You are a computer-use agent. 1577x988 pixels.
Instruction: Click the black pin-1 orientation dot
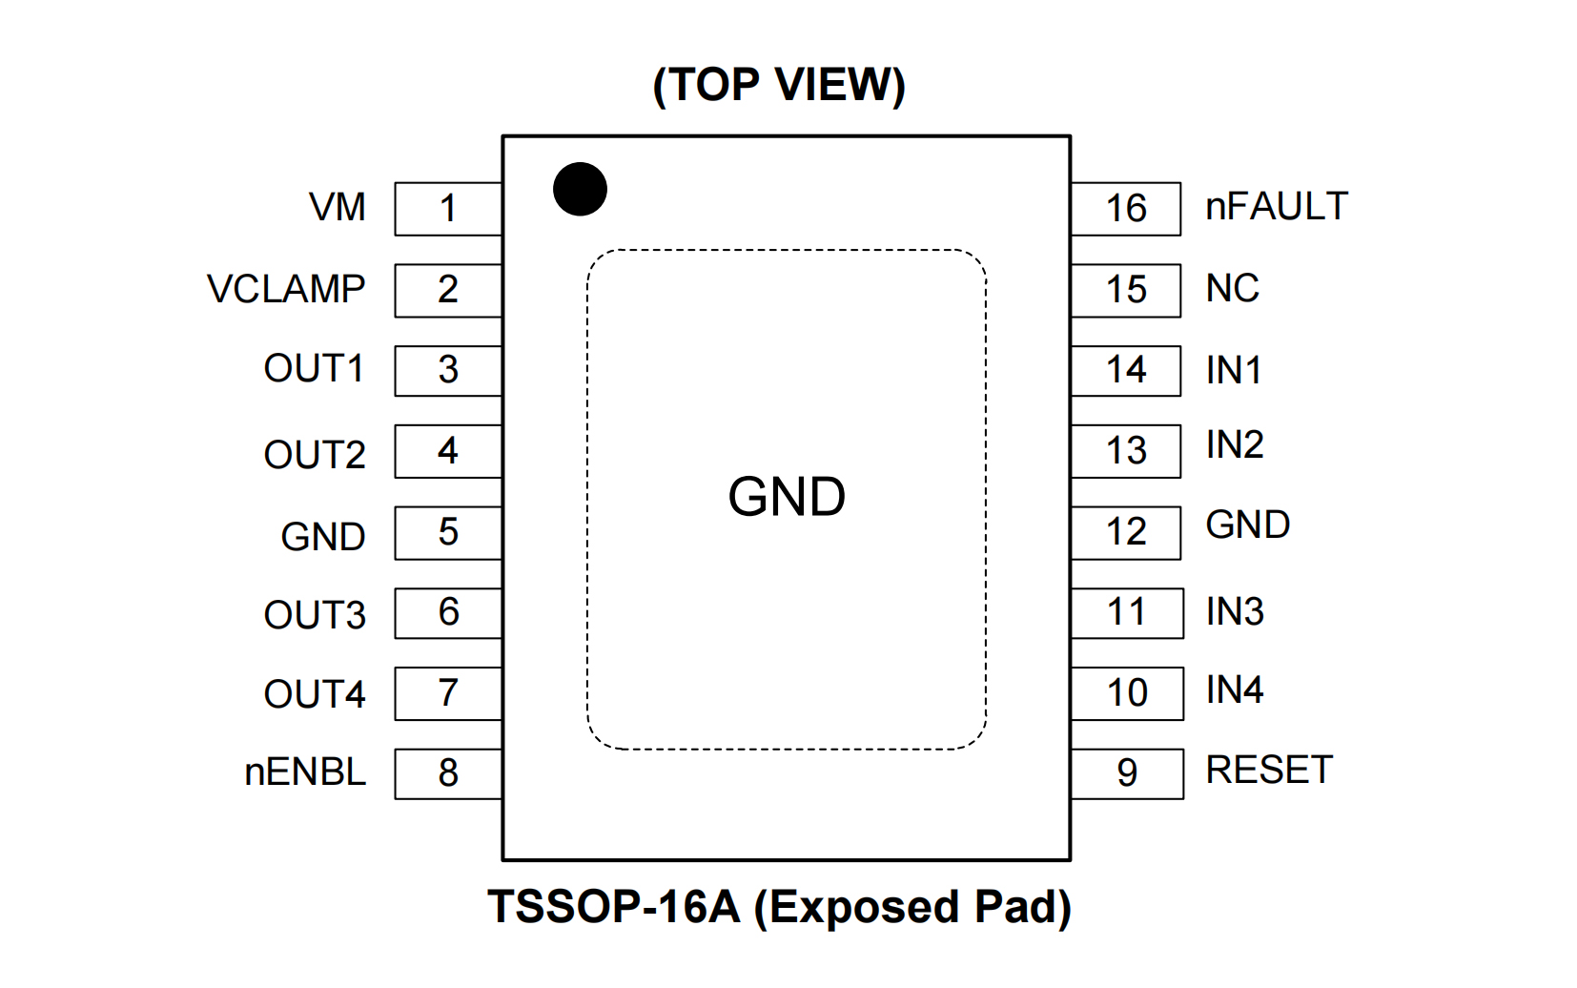[580, 189]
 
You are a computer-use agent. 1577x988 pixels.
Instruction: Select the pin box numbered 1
[448, 209]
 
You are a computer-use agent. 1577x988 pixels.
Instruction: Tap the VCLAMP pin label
[286, 289]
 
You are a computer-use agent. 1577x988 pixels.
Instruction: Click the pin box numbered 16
[1126, 209]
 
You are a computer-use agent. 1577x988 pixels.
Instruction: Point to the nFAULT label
[1277, 207]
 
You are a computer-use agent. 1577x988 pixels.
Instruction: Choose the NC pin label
[1232, 288]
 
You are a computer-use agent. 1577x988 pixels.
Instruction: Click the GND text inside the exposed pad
[787, 497]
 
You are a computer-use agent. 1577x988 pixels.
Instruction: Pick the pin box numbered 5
[448, 532]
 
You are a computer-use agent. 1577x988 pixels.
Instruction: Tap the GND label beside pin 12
[1247, 525]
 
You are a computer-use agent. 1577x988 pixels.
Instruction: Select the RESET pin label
[1269, 771]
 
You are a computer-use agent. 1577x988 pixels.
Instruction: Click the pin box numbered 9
[1127, 773]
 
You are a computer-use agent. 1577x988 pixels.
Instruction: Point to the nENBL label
[305, 772]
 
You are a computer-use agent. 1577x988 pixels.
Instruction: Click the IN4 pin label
[1235, 690]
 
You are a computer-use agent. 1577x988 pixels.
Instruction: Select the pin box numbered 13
[1126, 451]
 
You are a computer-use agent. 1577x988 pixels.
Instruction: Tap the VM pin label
[338, 207]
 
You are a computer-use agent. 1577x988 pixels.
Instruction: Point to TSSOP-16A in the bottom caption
[614, 907]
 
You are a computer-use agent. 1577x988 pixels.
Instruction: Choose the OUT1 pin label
[314, 369]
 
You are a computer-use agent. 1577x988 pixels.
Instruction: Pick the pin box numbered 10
[1127, 693]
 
